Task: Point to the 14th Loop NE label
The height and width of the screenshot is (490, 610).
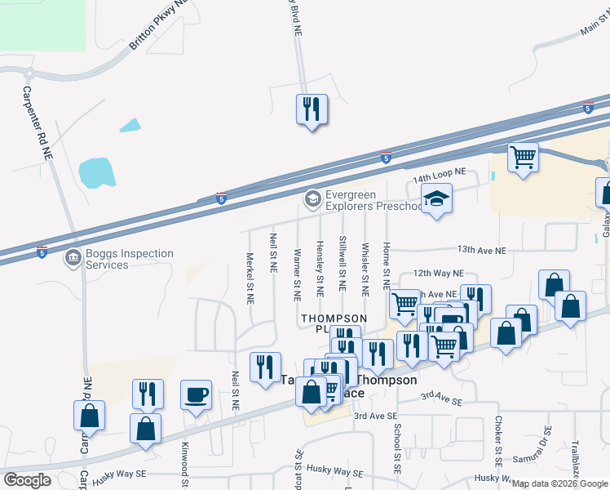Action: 438,175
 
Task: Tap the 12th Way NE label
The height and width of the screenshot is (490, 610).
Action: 438,274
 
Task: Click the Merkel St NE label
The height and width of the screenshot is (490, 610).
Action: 251,278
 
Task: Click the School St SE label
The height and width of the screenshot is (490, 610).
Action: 397,448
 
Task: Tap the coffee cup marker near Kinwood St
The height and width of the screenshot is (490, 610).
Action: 196,396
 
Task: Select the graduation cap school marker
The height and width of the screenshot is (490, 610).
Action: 436,198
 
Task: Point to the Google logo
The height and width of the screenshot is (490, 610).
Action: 27,480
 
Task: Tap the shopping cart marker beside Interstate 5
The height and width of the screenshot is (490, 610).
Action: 522,156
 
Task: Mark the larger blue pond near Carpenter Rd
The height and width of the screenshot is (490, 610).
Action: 98,172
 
